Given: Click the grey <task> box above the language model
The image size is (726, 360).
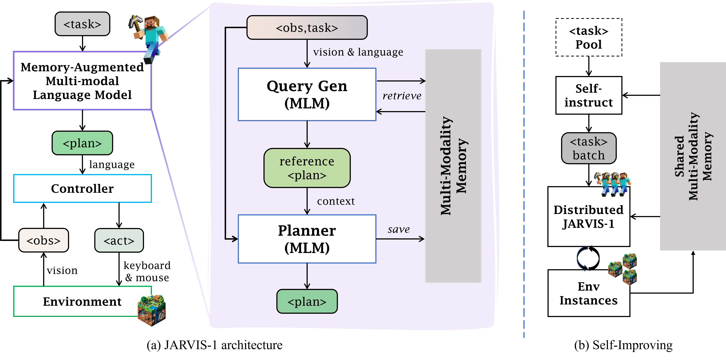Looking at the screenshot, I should coord(82,24).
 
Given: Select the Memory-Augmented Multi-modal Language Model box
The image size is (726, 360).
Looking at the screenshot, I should coord(82,81).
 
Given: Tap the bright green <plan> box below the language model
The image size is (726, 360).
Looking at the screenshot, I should coord(82,143).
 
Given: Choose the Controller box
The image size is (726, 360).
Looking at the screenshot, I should coord(82,188).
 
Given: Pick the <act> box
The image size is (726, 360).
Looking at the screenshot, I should coord(119,240).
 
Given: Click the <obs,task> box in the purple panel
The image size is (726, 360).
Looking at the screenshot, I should coord(307,28).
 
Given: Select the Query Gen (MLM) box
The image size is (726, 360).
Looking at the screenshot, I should coord(307,94).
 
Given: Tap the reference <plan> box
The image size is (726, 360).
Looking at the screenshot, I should coord(307,168).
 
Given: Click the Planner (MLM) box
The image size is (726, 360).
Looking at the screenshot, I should coord(307,239).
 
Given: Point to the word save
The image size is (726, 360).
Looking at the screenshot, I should coord(398,230).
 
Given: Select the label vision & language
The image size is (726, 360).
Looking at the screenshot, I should coord(358,52).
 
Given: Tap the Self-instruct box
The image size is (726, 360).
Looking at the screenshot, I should coord(588,96).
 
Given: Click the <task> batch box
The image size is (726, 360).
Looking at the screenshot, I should coord(588,148).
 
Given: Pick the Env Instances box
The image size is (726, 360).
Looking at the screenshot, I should coord(588,293).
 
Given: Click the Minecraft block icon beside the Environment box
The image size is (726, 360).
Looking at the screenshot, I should coord(152,310).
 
